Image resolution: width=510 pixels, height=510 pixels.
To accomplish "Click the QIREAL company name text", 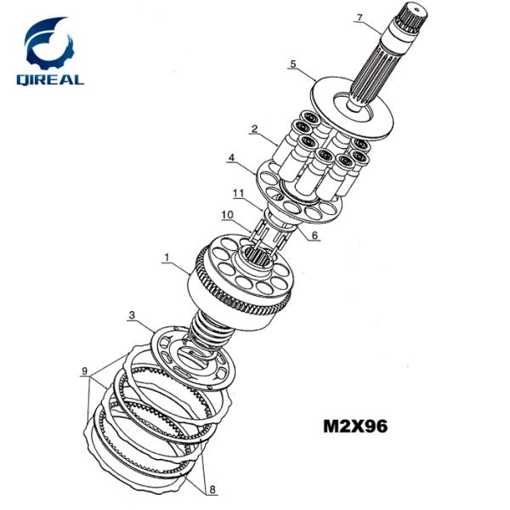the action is click(x=50, y=80).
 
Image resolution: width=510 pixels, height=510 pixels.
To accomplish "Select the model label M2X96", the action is click(x=355, y=426).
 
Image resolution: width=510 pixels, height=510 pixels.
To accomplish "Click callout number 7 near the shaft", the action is click(x=359, y=18).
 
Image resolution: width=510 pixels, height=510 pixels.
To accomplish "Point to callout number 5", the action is click(x=293, y=64).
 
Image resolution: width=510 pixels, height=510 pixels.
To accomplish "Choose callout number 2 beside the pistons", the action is click(x=254, y=129).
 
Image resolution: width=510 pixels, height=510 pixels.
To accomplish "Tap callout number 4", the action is click(x=231, y=158).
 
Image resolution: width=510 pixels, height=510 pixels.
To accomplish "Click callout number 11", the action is click(x=238, y=194).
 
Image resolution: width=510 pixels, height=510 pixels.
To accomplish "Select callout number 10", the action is click(x=227, y=215).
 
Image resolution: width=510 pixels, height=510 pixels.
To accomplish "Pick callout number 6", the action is click(x=314, y=235).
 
